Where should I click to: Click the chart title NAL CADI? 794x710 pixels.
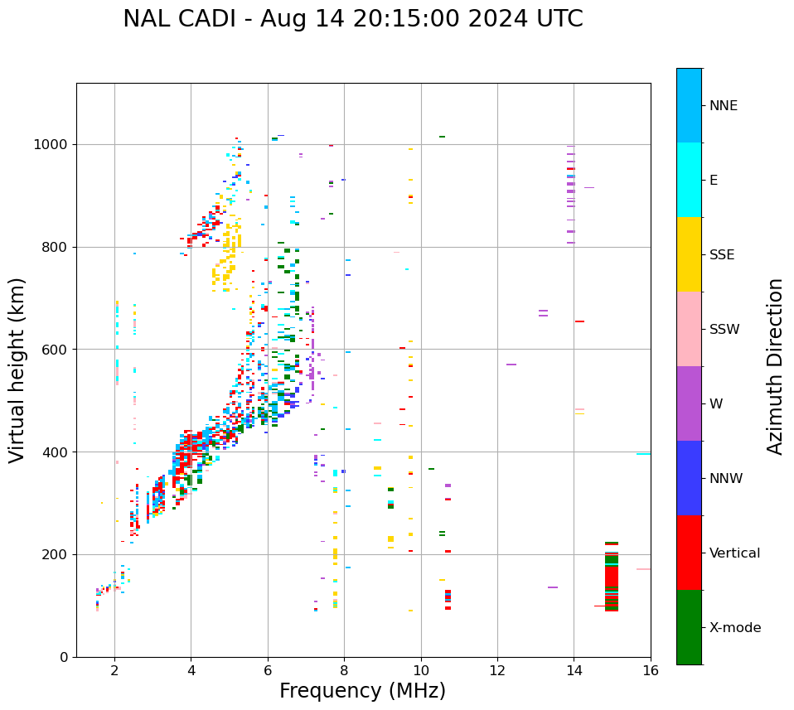pyautogui.click(x=352, y=19)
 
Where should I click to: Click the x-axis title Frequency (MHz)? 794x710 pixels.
pyautogui.click(x=362, y=691)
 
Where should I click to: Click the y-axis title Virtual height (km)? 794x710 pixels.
pyautogui.click(x=17, y=370)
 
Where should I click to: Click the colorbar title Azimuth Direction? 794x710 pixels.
pyautogui.click(x=775, y=366)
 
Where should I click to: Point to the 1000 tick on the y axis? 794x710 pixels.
pyautogui.click(x=53, y=144)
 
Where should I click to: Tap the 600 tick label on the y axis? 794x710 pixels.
pyautogui.click(x=56, y=350)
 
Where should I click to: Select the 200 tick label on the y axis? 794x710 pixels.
pyautogui.click(x=56, y=554)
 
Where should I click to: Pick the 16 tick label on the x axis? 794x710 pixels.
pyautogui.click(x=651, y=670)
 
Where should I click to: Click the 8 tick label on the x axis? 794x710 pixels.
pyautogui.click(x=344, y=670)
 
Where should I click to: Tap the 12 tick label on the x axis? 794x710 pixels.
pyautogui.click(x=497, y=670)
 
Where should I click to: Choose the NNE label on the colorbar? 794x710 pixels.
pyautogui.click(x=723, y=106)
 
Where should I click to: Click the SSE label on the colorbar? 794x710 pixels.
pyautogui.click(x=722, y=255)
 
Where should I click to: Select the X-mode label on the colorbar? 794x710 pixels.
pyautogui.click(x=735, y=628)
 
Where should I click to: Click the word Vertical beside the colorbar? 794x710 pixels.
pyautogui.click(x=734, y=553)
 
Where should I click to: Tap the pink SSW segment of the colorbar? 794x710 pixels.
pyautogui.click(x=689, y=329)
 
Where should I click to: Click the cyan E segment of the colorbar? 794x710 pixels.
pyautogui.click(x=689, y=180)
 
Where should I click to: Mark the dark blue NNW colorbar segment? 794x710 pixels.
pyautogui.click(x=689, y=478)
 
